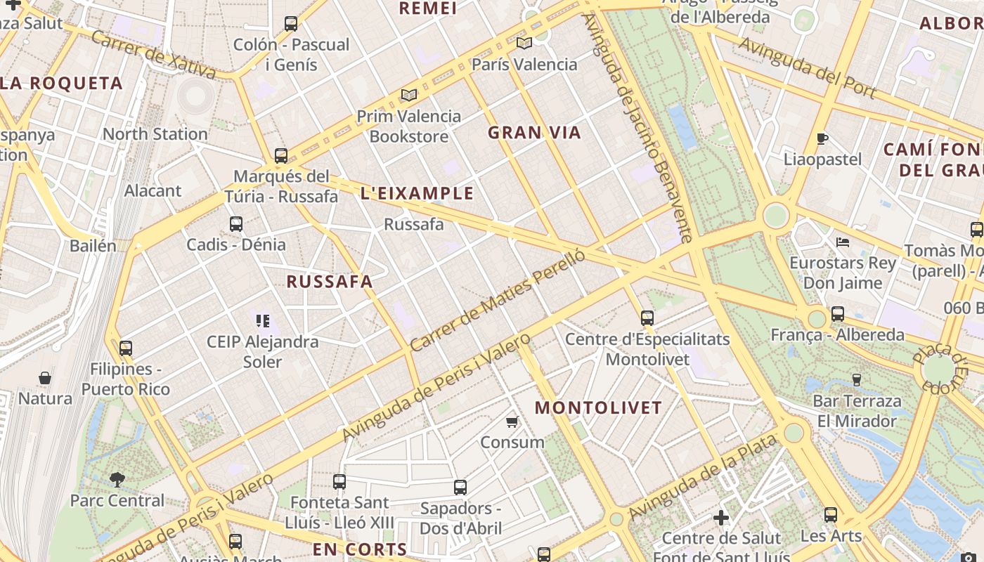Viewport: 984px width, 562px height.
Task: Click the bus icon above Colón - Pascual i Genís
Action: (291, 24)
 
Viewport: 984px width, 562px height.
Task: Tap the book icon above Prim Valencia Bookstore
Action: (409, 95)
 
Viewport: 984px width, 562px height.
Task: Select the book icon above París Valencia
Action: (524, 43)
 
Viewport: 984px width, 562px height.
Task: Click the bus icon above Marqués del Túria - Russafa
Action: (281, 155)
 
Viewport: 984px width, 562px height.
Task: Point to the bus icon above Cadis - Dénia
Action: (236, 224)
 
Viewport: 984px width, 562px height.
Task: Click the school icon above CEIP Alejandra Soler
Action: (263, 321)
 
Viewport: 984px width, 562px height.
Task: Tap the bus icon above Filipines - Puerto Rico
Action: (126, 348)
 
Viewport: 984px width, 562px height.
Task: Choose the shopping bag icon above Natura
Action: (45, 378)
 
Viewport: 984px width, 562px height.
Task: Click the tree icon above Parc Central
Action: (117, 480)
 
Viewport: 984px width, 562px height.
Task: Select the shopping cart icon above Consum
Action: (512, 421)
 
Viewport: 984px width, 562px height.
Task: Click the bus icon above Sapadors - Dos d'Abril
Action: (460, 487)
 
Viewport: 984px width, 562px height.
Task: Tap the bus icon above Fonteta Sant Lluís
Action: (339, 481)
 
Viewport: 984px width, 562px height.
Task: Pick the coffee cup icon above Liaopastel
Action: (822, 138)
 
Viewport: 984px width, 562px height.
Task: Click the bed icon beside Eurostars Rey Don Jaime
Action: (843, 242)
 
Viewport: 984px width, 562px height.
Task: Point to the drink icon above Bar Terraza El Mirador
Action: (856, 380)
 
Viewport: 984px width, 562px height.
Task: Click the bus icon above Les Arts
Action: (831, 515)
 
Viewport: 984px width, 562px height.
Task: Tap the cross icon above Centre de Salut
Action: (721, 518)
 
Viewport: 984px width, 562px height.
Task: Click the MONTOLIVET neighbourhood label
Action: (598, 407)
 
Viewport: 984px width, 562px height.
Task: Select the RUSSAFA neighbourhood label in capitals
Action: (330, 282)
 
